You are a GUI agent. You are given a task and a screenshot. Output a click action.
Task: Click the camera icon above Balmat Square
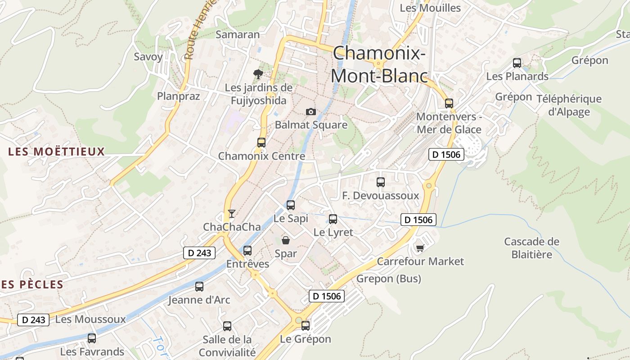click(310, 112)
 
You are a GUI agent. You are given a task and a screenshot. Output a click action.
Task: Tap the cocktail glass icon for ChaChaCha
click(232, 213)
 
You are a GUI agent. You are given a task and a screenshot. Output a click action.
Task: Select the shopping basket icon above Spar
click(286, 240)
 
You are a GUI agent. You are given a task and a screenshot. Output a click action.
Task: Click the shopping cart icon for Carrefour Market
click(420, 248)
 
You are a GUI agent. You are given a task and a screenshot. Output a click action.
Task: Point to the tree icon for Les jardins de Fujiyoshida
click(258, 74)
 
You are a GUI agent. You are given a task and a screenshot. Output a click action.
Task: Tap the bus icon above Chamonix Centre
click(261, 143)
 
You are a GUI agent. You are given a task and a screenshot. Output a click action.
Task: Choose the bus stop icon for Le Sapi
click(291, 205)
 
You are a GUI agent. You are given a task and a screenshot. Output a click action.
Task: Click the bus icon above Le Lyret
click(333, 219)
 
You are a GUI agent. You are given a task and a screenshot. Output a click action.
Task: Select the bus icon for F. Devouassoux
click(381, 182)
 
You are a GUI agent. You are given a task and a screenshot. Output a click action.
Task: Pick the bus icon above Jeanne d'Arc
click(199, 286)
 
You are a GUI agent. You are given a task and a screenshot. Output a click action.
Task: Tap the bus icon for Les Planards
click(517, 63)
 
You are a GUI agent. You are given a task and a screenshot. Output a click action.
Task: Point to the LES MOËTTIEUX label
click(56, 152)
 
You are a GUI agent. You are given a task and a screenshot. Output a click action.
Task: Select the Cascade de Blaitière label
click(531, 248)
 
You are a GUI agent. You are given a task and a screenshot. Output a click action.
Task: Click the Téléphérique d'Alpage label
click(569, 105)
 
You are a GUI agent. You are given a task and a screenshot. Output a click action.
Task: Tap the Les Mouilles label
click(430, 8)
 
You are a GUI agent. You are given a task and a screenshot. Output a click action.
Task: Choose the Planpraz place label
click(178, 96)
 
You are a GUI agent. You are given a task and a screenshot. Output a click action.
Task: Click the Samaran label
click(238, 35)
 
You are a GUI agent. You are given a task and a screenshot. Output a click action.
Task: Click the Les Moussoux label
click(90, 319)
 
